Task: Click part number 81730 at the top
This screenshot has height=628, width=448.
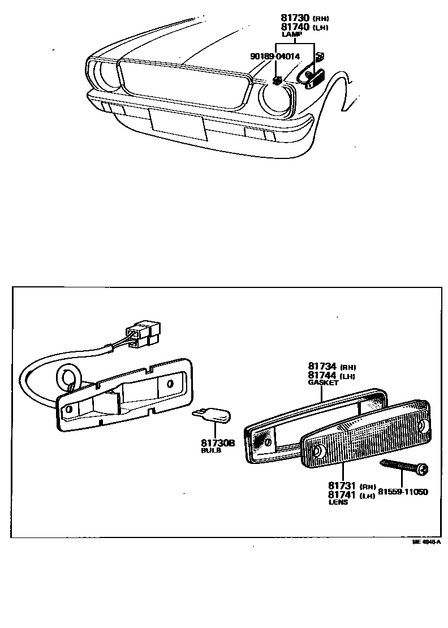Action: [290, 18]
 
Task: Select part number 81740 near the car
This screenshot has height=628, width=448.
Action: [290, 27]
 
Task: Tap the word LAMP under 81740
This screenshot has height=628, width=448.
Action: [292, 35]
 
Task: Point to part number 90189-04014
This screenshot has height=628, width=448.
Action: [275, 57]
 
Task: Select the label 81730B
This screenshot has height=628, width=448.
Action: [217, 443]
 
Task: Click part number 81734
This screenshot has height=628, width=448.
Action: [322, 366]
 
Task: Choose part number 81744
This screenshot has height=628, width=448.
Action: [322, 375]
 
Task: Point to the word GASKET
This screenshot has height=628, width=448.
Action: [323, 383]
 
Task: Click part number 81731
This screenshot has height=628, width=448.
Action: [342, 485]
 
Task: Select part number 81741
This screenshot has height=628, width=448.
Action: [342, 494]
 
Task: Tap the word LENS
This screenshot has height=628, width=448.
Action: [338, 502]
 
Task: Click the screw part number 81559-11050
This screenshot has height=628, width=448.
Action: [403, 492]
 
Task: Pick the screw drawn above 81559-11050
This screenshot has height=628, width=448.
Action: [405, 467]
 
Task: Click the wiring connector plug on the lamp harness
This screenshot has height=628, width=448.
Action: [144, 334]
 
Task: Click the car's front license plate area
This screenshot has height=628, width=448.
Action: [178, 124]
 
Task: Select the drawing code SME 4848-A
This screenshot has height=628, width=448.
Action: [426, 541]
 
